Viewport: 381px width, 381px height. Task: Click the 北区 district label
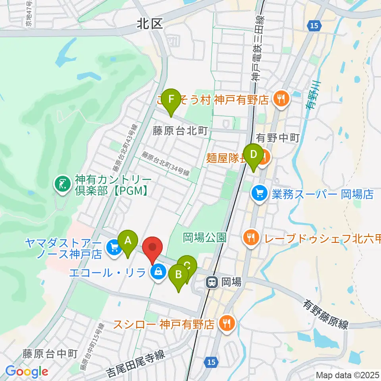point(150,25)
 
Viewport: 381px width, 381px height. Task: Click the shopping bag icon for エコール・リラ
point(158,272)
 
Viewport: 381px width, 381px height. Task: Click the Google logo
point(27,371)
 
